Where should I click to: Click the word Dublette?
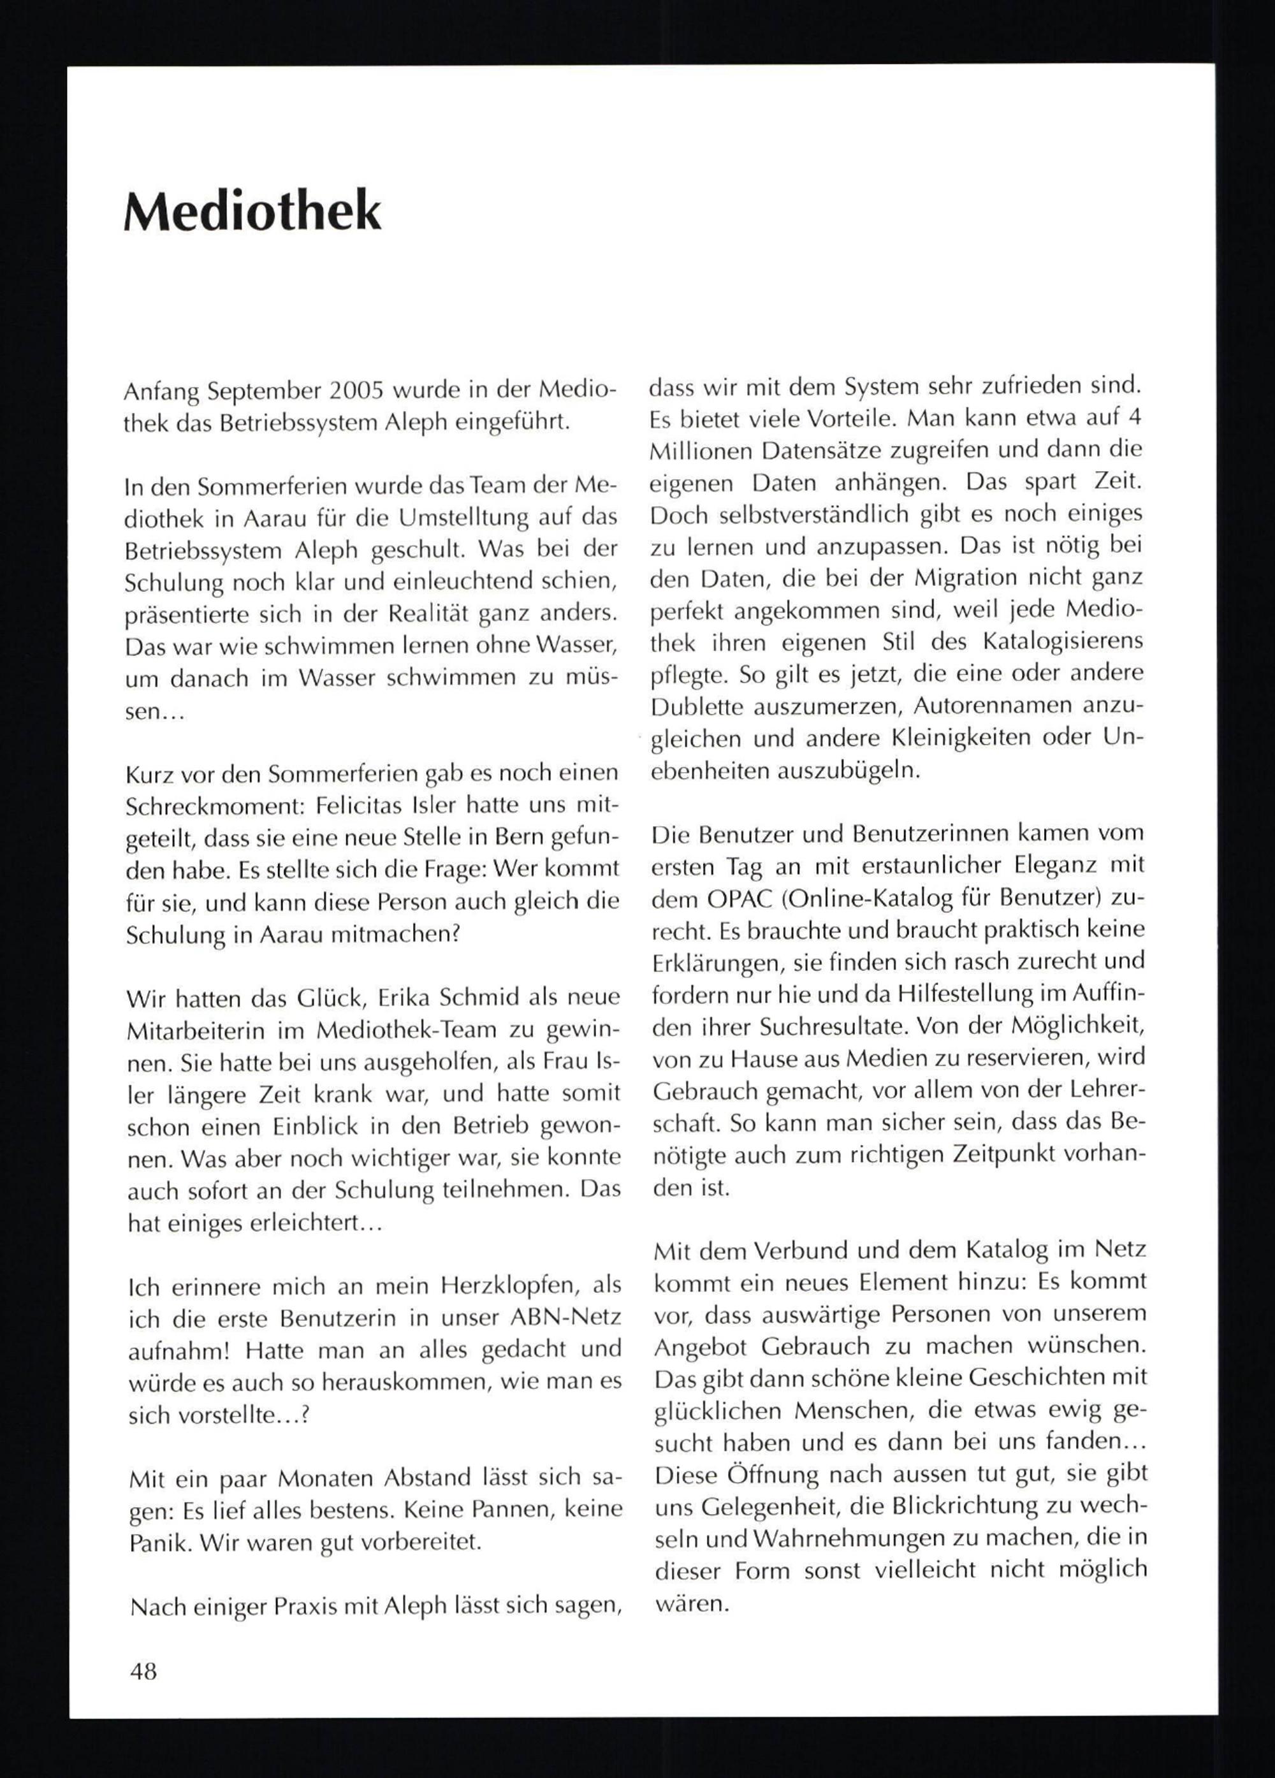(x=696, y=707)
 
